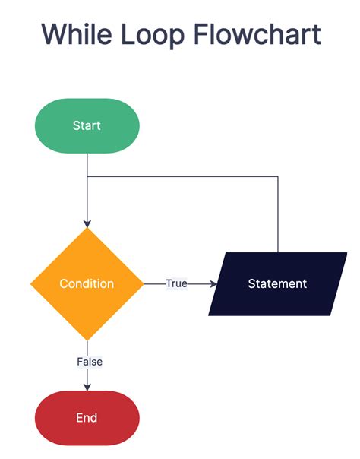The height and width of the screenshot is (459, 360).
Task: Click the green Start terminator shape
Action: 87,125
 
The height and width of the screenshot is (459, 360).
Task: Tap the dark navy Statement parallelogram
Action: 277,283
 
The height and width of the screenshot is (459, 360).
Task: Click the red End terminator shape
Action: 87,417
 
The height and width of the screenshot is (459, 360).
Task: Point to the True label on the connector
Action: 176,283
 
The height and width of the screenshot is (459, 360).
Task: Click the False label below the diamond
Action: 90,362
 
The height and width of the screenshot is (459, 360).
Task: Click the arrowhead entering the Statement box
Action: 213,283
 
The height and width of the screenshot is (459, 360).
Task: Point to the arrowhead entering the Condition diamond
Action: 87,223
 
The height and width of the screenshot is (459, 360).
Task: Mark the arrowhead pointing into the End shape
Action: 87,387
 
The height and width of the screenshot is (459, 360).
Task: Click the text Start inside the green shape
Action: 87,125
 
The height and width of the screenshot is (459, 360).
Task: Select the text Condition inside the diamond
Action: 87,283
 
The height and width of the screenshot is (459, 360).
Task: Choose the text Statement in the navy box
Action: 277,283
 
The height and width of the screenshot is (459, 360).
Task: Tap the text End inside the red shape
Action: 87,417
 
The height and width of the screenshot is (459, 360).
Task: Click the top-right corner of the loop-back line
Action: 278,177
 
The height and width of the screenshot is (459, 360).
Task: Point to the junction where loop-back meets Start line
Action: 87,177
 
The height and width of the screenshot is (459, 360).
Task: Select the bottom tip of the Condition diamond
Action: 87,338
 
